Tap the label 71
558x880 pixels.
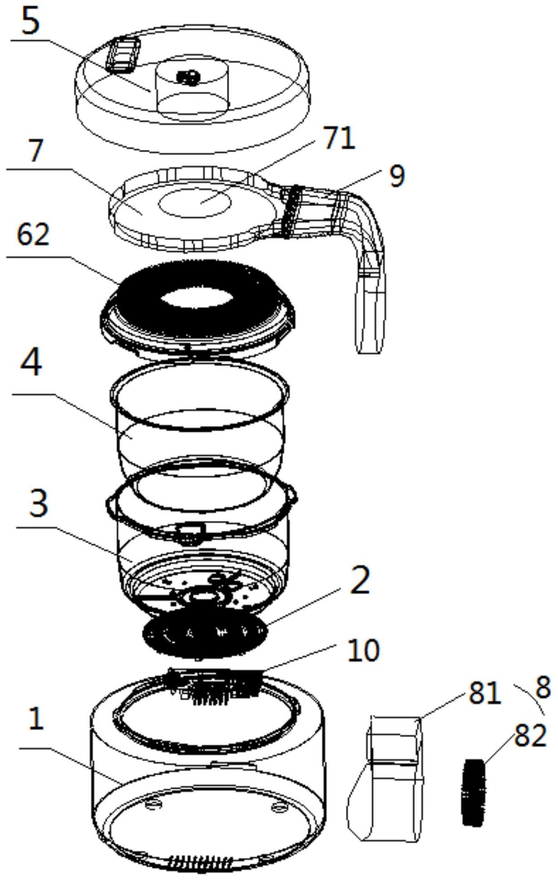[339, 138]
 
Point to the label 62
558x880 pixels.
[33, 235]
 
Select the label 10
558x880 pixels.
[363, 651]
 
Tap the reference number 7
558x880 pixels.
[36, 151]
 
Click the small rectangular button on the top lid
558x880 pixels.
[123, 54]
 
